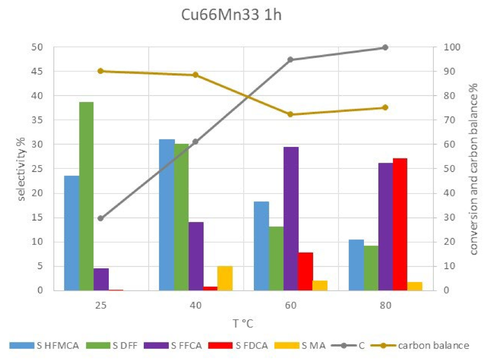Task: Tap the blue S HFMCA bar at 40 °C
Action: coord(166,215)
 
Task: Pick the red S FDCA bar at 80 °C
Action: coord(400,224)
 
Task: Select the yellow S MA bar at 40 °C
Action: coord(225,278)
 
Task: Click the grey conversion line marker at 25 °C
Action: coord(101,218)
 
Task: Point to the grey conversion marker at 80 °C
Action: coord(385,47)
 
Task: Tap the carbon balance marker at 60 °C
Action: coord(290,114)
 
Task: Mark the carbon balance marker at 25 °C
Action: coord(101,71)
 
